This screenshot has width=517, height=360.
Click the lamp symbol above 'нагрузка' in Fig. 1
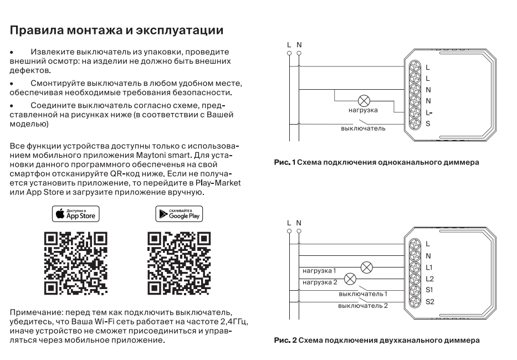(364, 101)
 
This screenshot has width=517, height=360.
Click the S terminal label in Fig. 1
(428, 123)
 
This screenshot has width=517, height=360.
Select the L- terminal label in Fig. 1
(429, 112)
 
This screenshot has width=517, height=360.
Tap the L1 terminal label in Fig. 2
(429, 267)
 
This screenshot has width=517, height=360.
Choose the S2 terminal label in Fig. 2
(429, 301)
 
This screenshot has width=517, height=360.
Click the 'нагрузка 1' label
(320, 271)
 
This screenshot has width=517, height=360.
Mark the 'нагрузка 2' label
(320, 282)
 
